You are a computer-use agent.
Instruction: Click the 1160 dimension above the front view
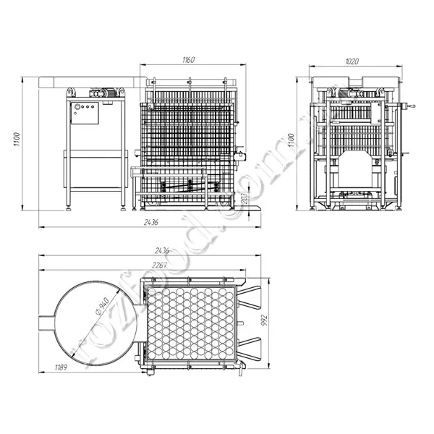pyautogui.click(x=188, y=60)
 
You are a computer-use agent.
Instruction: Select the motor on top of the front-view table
pyautogui.click(x=103, y=93)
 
